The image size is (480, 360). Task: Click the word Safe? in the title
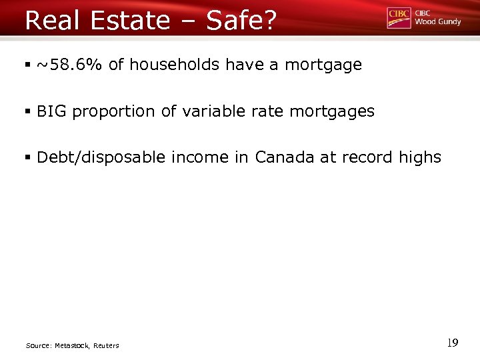(x=241, y=21)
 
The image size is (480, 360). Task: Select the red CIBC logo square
(x=399, y=18)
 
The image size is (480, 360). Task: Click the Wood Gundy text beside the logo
(x=438, y=22)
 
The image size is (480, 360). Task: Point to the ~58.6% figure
(x=70, y=65)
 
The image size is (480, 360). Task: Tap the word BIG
(x=52, y=111)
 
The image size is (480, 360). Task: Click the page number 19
(x=453, y=343)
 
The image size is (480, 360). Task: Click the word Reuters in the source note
(x=106, y=345)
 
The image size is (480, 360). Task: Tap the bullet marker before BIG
(x=29, y=112)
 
